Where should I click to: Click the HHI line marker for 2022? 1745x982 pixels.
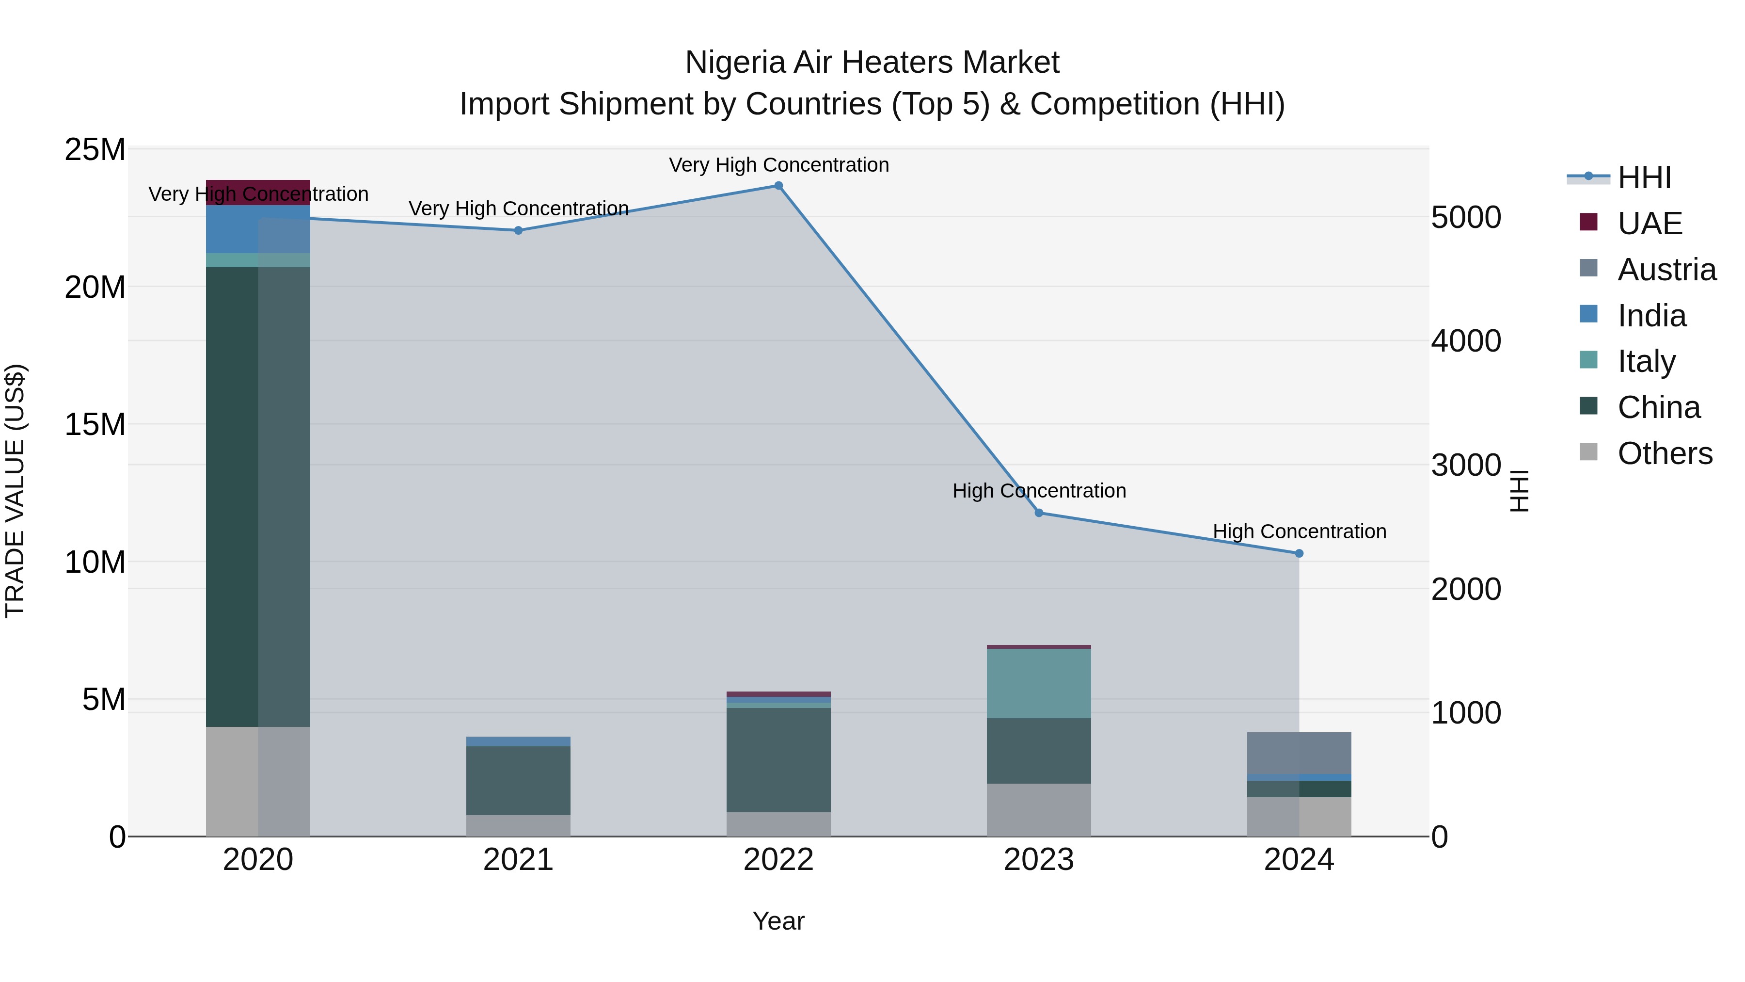coord(778,186)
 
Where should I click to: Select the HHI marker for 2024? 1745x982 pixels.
coord(1299,554)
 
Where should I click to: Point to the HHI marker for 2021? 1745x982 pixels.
coord(518,230)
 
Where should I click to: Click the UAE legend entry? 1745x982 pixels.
coord(1650,224)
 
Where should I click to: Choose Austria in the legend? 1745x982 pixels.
coord(1666,270)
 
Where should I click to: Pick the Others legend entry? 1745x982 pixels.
coord(1665,453)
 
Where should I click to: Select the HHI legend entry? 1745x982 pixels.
coord(1644,177)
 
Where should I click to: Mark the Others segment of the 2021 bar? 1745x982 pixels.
coord(518,825)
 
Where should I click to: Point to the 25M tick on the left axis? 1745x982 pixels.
coord(95,150)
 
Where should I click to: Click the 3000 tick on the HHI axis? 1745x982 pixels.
coord(1466,466)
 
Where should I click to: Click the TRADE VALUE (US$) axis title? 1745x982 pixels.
coord(15,491)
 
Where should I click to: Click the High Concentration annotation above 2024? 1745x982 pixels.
coord(1299,531)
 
